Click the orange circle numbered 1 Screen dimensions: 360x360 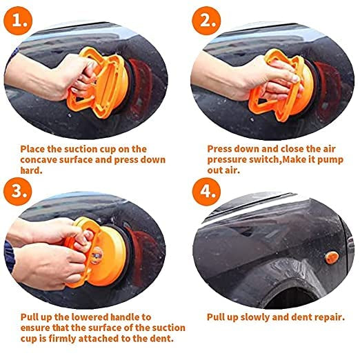pyautogui.click(x=18, y=21)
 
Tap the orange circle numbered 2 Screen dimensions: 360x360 pyautogui.click(x=206, y=21)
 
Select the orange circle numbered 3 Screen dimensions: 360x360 pyautogui.click(x=18, y=191)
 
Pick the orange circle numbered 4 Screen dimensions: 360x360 pyautogui.click(x=206, y=191)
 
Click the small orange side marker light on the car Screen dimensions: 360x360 pyautogui.click(x=332, y=258)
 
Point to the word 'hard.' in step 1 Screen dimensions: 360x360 pyautogui.click(x=32, y=170)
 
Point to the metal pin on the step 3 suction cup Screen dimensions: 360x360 pyautogui.click(x=96, y=254)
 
